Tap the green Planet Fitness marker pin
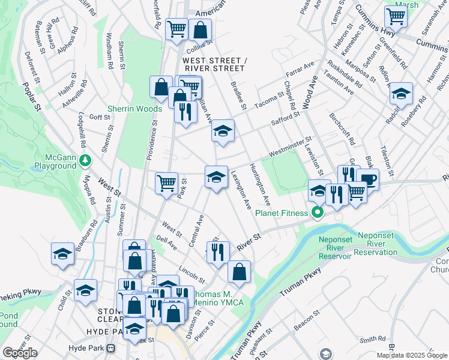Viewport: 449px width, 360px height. click(316, 212)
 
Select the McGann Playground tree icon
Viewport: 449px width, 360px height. click(86, 160)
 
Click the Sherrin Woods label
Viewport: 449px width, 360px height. click(135, 109)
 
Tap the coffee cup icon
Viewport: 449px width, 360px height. click(367, 179)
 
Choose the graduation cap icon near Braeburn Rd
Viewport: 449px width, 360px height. click(62, 254)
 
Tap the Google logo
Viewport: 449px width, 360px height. click(20, 353)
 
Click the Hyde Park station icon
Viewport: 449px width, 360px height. click(110, 348)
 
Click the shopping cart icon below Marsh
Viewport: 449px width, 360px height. click(396, 16)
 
